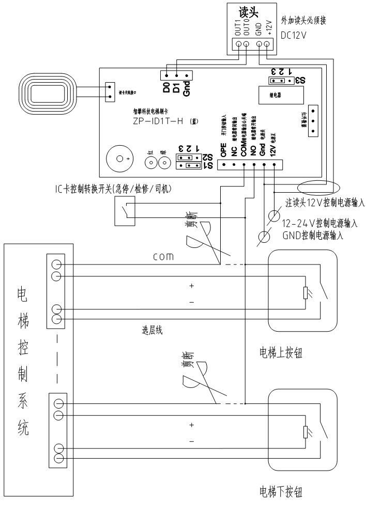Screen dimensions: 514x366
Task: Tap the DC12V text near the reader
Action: [294, 37]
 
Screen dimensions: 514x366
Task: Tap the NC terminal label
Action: [234, 152]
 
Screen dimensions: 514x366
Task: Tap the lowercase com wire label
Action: [167, 256]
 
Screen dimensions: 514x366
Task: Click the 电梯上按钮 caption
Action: [280, 353]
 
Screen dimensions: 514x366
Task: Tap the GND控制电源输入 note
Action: [315, 233]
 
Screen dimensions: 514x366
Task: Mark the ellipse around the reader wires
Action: [316, 186]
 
